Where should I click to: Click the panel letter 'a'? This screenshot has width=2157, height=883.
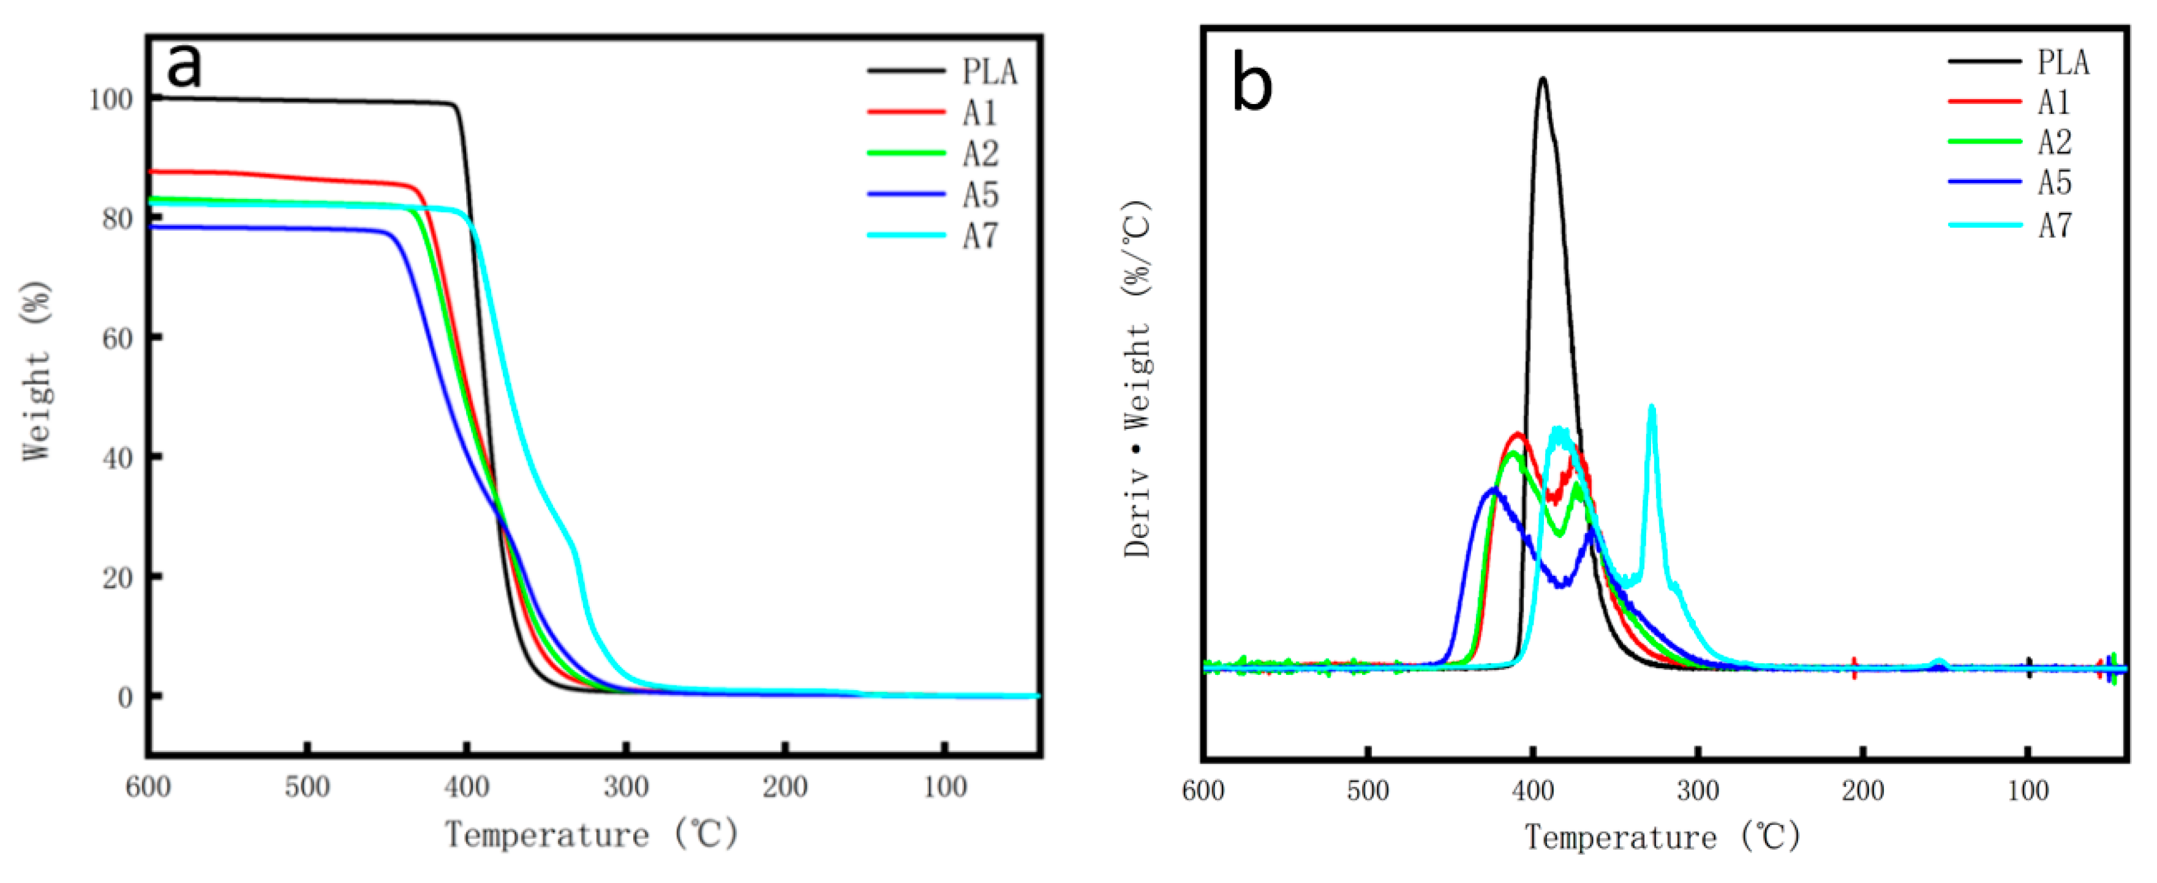pyautogui.click(x=184, y=65)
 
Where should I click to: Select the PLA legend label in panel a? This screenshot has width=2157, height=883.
pyautogui.click(x=989, y=72)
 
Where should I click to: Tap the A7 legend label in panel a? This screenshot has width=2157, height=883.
pyautogui.click(x=980, y=236)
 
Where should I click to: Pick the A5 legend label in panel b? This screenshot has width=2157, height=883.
pyautogui.click(x=2054, y=182)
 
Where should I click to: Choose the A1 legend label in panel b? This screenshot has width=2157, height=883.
pyautogui.click(x=2053, y=102)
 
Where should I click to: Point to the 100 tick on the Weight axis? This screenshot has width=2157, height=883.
pyautogui.click(x=111, y=100)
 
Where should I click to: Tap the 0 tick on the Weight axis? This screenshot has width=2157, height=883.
pyautogui.click(x=125, y=696)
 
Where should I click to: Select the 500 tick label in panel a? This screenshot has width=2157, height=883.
pyautogui.click(x=307, y=787)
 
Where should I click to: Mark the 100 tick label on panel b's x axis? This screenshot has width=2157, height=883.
pyautogui.click(x=2027, y=790)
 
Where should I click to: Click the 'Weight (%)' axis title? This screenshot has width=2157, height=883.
pyautogui.click(x=37, y=371)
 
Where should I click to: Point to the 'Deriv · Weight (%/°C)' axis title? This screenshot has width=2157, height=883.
pyautogui.click(x=1137, y=378)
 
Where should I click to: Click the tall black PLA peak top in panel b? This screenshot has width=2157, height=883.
pyautogui.click(x=1542, y=80)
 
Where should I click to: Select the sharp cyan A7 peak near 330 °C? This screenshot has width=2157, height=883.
pyautogui.click(x=1651, y=408)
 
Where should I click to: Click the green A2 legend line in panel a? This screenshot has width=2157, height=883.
pyautogui.click(x=906, y=153)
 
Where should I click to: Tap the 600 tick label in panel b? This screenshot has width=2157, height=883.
pyautogui.click(x=1203, y=790)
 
